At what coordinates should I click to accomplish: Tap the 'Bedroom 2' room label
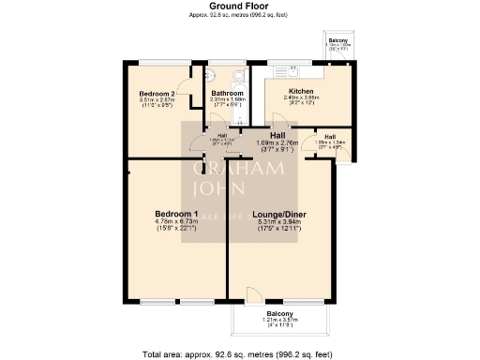(x=157, y=94)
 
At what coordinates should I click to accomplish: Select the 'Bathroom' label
(x=227, y=94)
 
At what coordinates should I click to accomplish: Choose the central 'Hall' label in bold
(x=278, y=135)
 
